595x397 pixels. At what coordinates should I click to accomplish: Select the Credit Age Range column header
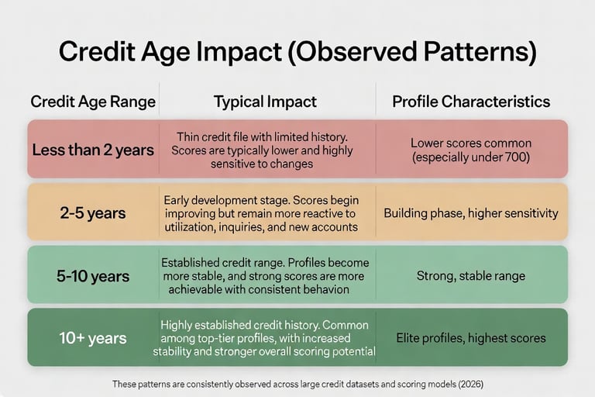tap(93, 102)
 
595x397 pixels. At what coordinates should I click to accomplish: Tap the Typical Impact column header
tap(264, 102)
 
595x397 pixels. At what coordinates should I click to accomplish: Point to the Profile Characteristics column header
tap(471, 102)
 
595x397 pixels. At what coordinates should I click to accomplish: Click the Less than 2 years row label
tap(93, 150)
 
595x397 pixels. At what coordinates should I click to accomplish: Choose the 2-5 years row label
tap(93, 212)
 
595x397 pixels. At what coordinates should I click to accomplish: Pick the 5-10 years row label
tap(93, 275)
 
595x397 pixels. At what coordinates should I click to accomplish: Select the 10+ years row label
tap(93, 338)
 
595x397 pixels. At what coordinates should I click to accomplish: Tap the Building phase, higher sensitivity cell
tap(471, 212)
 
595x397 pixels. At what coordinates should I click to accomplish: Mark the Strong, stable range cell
tap(471, 275)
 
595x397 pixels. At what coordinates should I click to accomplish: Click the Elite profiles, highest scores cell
tap(471, 338)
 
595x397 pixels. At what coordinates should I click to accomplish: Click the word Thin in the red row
tap(190, 136)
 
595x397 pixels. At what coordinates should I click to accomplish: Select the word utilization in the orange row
tap(190, 226)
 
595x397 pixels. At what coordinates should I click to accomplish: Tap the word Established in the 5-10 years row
tap(191, 261)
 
